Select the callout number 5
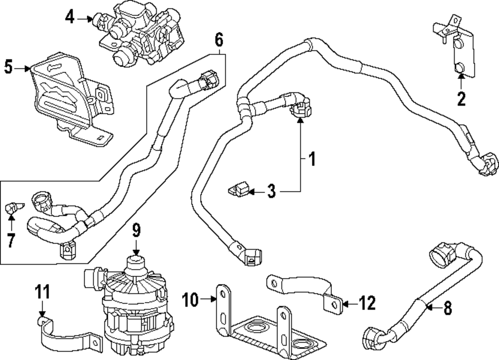(8, 67)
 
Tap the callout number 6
(219, 40)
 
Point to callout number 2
(461, 99)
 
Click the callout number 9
(136, 231)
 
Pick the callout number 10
(190, 300)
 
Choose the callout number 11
(42, 292)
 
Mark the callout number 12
(367, 303)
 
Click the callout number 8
(448, 308)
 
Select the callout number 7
(11, 241)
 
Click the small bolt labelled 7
(14, 208)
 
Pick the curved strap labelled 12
(304, 291)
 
